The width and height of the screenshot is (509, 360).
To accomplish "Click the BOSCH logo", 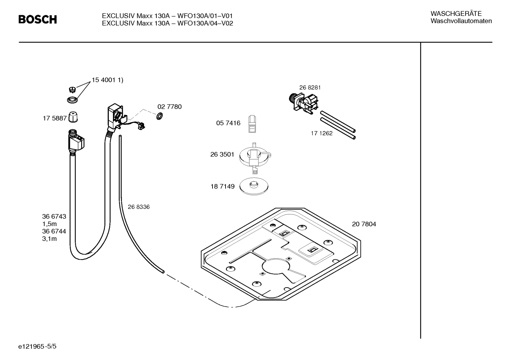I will click(x=37, y=19).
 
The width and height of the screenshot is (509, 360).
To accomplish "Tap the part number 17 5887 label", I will click(x=54, y=118).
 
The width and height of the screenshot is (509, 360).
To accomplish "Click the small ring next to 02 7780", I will click(x=159, y=116).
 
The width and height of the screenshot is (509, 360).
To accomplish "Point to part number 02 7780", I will click(x=169, y=107).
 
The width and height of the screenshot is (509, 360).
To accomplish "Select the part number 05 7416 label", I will click(x=228, y=123).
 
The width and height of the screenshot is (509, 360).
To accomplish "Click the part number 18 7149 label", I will click(x=222, y=187).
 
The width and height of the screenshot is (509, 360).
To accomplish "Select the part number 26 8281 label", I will click(x=310, y=88).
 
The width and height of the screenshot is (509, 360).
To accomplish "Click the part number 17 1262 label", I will click(x=321, y=134).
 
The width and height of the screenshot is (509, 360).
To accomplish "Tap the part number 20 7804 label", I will click(x=364, y=224).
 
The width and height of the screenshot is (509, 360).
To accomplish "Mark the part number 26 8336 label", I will click(x=138, y=207).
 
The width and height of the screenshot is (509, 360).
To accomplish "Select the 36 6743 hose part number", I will click(x=54, y=217).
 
